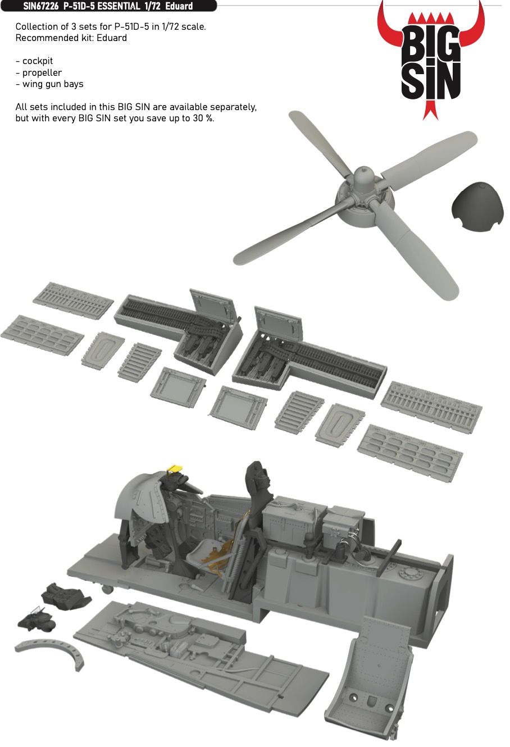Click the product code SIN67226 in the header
tap(40, 6)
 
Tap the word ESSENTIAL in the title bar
tap(119, 6)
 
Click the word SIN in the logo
tap(430, 81)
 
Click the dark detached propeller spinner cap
tap(477, 207)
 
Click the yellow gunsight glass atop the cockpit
tap(175, 468)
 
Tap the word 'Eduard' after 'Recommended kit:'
tap(112, 38)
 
